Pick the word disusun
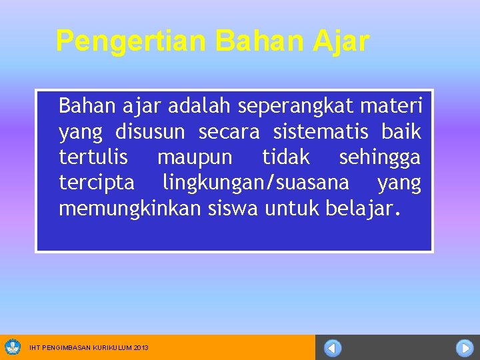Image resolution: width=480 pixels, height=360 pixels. coord(150,132)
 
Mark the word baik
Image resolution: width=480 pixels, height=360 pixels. coord(401,132)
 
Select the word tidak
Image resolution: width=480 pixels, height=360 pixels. coord(286,157)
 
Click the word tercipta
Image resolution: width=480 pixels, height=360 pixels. coord(97,183)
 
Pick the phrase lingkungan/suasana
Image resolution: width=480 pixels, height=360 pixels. coord(256,183)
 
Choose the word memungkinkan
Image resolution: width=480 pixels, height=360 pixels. coord(129,209)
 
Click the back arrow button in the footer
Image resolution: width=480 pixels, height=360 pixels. coord(333,348)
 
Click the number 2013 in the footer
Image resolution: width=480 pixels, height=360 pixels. coord(141,348)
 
